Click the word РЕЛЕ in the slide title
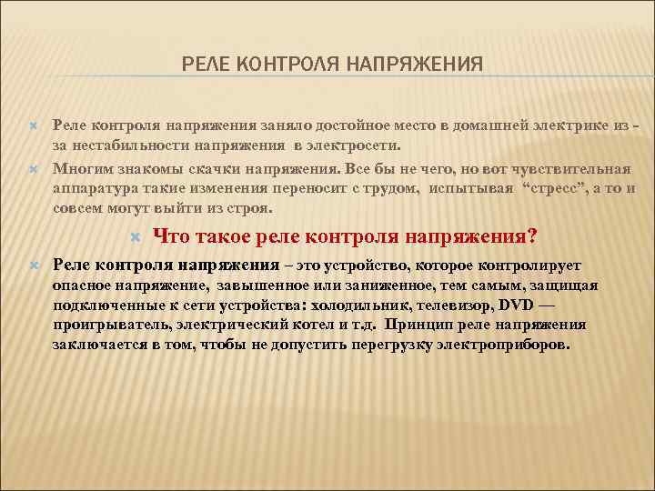[203, 64]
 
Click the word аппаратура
[97, 188]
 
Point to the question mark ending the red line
[531, 236]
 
